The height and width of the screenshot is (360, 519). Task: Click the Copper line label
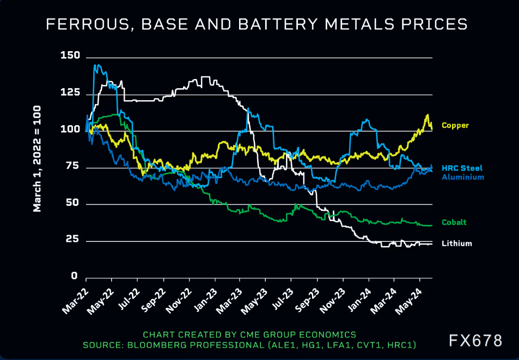(x=455, y=126)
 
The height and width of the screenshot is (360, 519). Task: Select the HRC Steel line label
(x=462, y=168)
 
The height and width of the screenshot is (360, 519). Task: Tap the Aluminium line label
(x=462, y=177)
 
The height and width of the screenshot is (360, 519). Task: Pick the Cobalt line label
(x=454, y=223)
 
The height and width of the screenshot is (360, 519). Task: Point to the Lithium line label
(x=456, y=244)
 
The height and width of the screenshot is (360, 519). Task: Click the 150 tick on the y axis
(x=71, y=56)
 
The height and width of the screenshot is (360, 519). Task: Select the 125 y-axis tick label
(x=71, y=94)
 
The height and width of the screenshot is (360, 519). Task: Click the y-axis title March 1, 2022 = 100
(x=38, y=158)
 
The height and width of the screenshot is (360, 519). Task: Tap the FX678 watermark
(x=475, y=341)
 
